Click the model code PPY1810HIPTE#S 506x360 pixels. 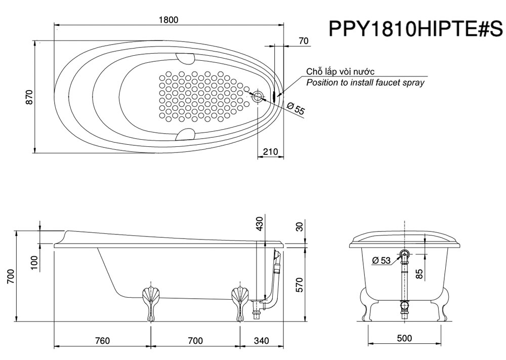click(x=415, y=29)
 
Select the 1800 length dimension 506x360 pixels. click(x=168, y=20)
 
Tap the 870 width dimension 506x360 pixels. click(x=29, y=97)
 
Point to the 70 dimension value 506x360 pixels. click(x=303, y=41)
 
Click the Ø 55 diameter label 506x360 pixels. click(x=296, y=108)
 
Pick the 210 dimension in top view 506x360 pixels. click(x=270, y=151)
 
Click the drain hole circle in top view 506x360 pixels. click(x=258, y=96)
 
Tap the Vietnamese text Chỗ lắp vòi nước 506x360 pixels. click(x=340, y=71)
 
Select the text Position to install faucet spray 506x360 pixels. click(x=365, y=83)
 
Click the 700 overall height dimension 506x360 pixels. click(x=11, y=276)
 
